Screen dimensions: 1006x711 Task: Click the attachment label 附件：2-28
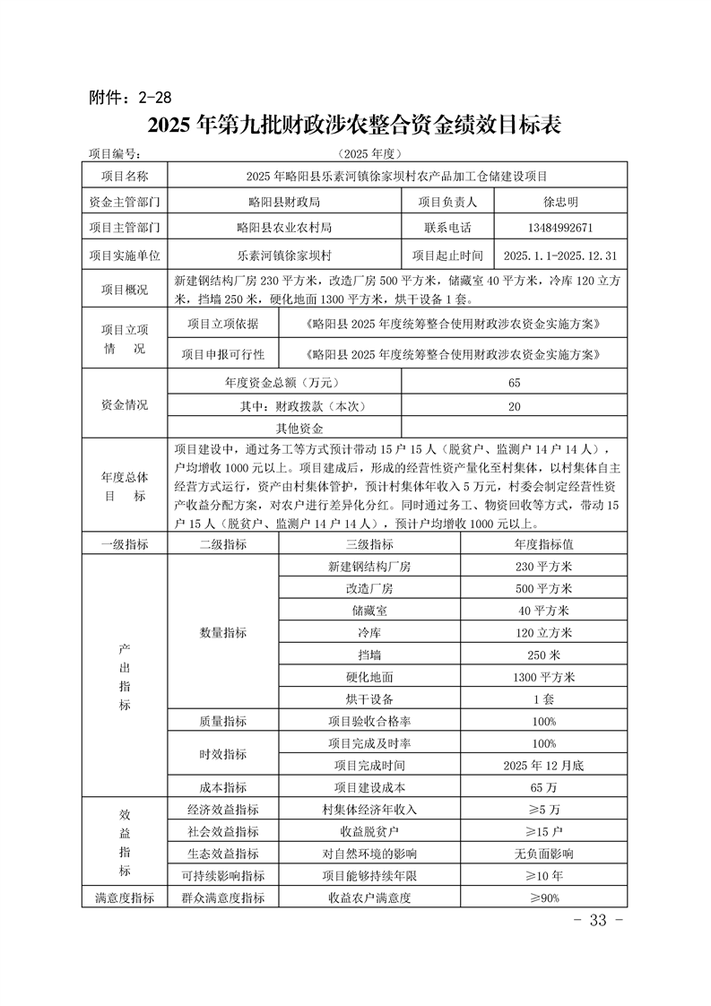click(x=131, y=96)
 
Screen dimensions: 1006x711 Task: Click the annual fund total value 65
click(x=514, y=383)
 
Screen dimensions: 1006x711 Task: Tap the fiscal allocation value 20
click(x=514, y=406)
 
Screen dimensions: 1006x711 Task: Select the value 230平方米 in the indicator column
click(x=543, y=567)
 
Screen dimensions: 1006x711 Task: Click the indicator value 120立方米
click(x=543, y=633)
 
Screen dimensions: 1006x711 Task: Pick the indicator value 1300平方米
click(x=543, y=677)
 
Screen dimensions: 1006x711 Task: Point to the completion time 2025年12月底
click(x=543, y=766)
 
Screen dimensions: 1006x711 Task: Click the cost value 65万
click(x=543, y=788)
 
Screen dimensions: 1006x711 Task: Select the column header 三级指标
click(x=369, y=544)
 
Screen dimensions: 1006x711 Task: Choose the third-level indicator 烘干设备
click(x=369, y=698)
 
